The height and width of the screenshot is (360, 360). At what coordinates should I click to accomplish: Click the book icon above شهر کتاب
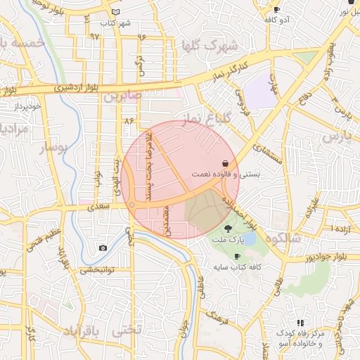pos(115,13)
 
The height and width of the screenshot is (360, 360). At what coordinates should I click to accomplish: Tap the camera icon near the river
pos(103,247)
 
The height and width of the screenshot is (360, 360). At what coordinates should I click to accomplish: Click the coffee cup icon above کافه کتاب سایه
pos(236,256)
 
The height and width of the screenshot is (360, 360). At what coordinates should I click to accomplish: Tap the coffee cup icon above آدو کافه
pos(276,10)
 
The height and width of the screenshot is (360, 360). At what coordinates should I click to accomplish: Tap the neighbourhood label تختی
pos(127,328)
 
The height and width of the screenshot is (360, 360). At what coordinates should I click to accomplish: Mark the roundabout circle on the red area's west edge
pos(131,205)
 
